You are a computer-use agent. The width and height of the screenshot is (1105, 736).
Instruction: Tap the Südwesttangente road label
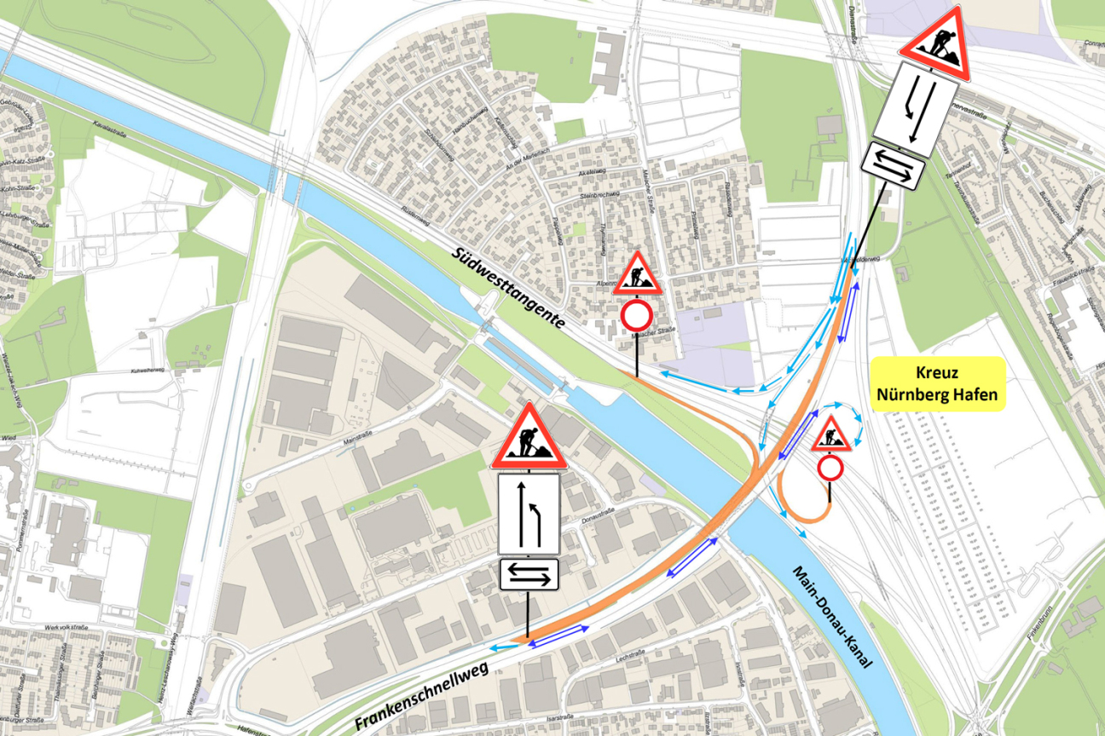click(x=508, y=289)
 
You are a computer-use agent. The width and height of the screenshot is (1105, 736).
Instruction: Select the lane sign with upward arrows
click(x=529, y=514)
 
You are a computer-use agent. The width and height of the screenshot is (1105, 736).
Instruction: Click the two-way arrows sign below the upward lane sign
click(x=529, y=574)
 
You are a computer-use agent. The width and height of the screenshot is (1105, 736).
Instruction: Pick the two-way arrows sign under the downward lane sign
click(x=897, y=167)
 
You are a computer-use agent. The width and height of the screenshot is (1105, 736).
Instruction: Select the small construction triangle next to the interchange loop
click(x=830, y=437)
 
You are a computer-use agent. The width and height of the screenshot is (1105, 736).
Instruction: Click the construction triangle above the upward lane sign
click(x=529, y=437)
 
